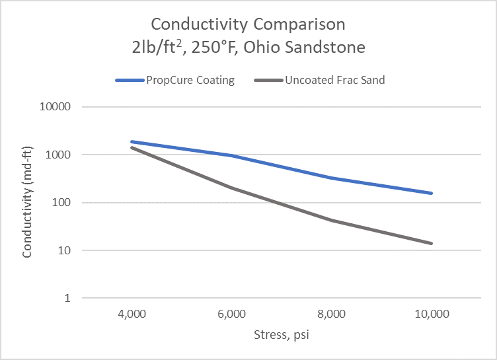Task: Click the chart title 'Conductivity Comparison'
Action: tap(248, 24)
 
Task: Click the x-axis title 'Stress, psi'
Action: tap(282, 335)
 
